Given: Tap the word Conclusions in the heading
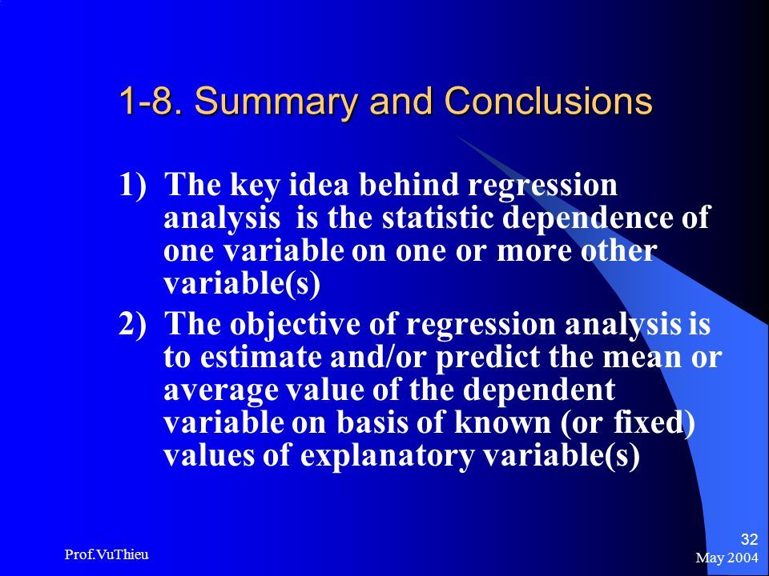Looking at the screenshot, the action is (548, 101).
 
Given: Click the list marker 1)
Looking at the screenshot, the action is (132, 185).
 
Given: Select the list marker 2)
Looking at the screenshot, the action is (132, 324).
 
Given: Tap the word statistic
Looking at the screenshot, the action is (437, 217).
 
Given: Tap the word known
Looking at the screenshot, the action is (502, 422).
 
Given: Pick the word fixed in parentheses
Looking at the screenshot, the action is (650, 422).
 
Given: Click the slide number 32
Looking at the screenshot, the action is (749, 539).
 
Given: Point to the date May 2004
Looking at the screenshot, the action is (727, 558).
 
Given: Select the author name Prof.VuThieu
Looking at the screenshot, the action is (107, 554).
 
